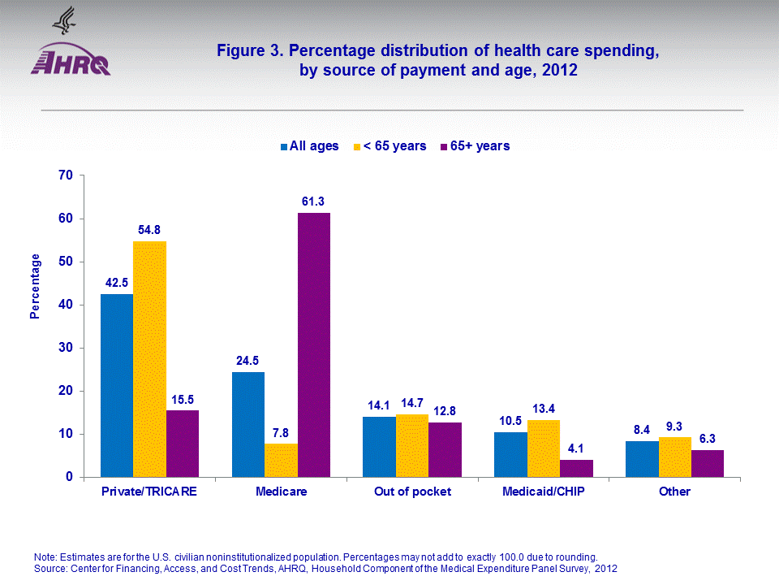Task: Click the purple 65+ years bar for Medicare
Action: [x=314, y=344]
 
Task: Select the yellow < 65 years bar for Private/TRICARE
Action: [x=149, y=359]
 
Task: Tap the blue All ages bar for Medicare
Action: [x=247, y=424]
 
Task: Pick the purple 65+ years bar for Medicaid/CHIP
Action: [x=577, y=468]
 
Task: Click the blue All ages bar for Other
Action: [x=642, y=459]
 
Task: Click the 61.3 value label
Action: [x=314, y=201]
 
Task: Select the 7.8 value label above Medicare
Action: [x=281, y=431]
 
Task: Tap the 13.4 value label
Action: [x=544, y=408]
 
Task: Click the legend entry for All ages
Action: [x=309, y=146]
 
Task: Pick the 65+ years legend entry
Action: [x=475, y=146]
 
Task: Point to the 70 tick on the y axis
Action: [x=67, y=175]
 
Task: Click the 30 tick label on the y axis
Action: [x=67, y=348]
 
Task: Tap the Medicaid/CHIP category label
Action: [x=544, y=492]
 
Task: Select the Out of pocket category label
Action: [x=412, y=492]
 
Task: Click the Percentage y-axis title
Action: [x=36, y=286]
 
